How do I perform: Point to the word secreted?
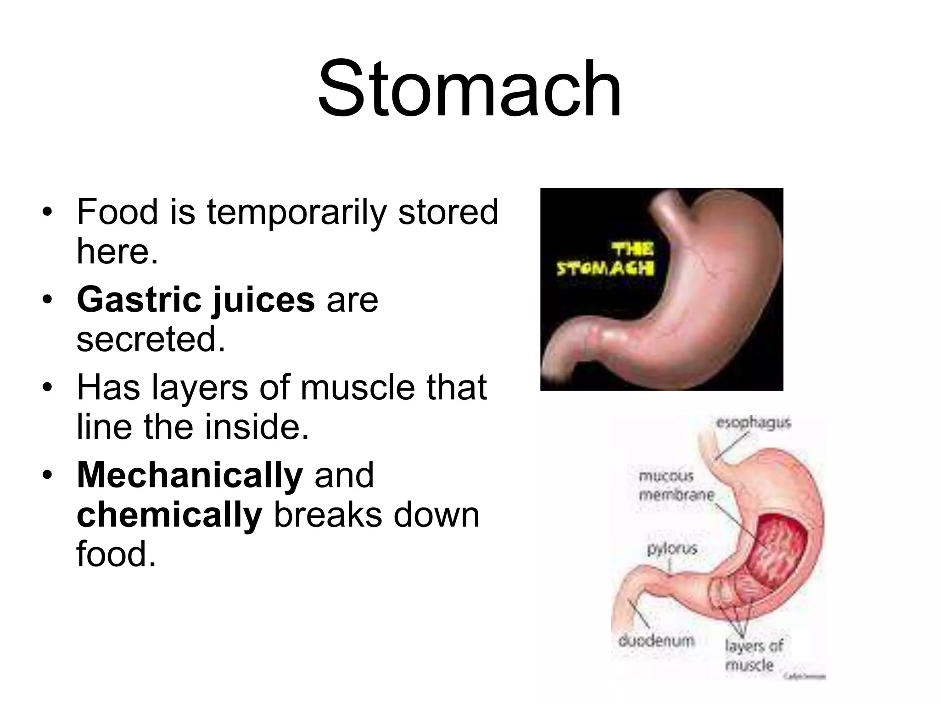click(x=151, y=339)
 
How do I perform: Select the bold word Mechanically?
click(x=190, y=476)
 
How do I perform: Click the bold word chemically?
click(x=169, y=515)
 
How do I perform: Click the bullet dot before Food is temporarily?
click(x=47, y=213)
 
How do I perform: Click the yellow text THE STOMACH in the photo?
click(x=605, y=259)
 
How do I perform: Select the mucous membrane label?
click(x=676, y=486)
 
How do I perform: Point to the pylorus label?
click(x=672, y=548)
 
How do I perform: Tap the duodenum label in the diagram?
click(x=656, y=641)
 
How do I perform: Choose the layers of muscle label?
click(x=753, y=655)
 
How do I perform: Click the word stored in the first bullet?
click(x=448, y=212)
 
